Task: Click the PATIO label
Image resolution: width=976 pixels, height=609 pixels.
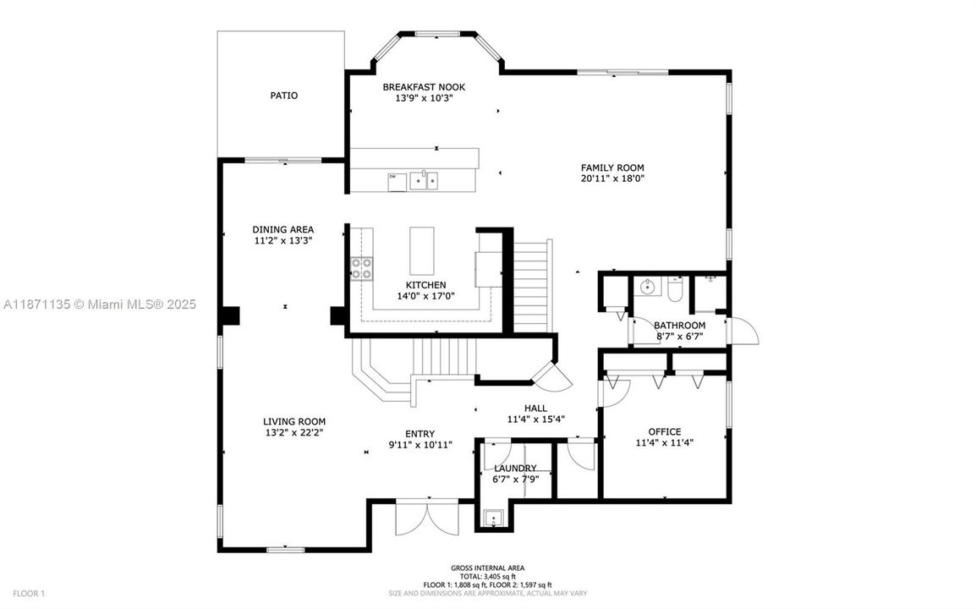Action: pyautogui.click(x=283, y=96)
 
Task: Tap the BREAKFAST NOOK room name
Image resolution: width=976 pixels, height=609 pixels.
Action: pyautogui.click(x=423, y=87)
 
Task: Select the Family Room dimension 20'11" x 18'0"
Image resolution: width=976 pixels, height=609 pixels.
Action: pyautogui.click(x=611, y=178)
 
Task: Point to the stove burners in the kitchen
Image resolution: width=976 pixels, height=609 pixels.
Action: pyautogui.click(x=361, y=268)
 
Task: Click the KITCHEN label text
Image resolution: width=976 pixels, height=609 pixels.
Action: pyautogui.click(x=425, y=285)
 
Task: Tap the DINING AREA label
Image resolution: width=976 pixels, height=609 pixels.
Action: pyautogui.click(x=282, y=229)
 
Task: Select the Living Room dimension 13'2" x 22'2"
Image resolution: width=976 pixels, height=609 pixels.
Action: pyautogui.click(x=293, y=432)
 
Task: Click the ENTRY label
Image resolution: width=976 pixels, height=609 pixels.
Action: pyautogui.click(x=420, y=433)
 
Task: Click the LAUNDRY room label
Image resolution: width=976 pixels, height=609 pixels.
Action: pyautogui.click(x=515, y=468)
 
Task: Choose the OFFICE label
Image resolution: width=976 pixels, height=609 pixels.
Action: pyautogui.click(x=664, y=431)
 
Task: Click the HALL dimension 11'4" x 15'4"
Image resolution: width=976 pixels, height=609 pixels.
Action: pyautogui.click(x=535, y=419)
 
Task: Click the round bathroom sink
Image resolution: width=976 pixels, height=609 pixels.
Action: pyautogui.click(x=649, y=287)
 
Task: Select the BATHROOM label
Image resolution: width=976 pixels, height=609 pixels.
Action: pyautogui.click(x=679, y=326)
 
